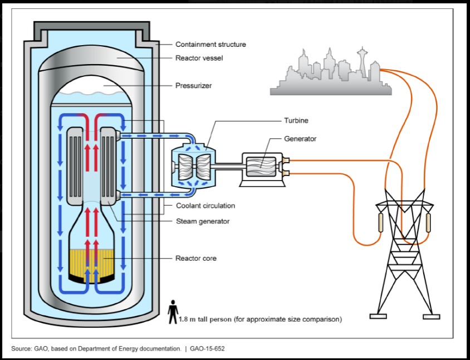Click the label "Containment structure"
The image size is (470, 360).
click(210, 45)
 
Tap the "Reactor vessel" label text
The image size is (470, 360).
click(199, 58)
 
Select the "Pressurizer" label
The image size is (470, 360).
click(193, 86)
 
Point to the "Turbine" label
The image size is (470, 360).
click(296, 120)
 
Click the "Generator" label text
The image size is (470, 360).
click(300, 139)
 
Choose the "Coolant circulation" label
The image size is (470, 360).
click(205, 206)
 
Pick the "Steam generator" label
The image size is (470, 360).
click(202, 221)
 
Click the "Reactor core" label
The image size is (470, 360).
click(196, 259)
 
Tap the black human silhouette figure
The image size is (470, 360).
click(173, 312)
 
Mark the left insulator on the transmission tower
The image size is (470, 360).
click(381, 222)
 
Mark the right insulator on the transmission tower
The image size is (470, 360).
click(428, 222)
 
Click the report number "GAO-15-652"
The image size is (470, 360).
click(207, 348)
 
